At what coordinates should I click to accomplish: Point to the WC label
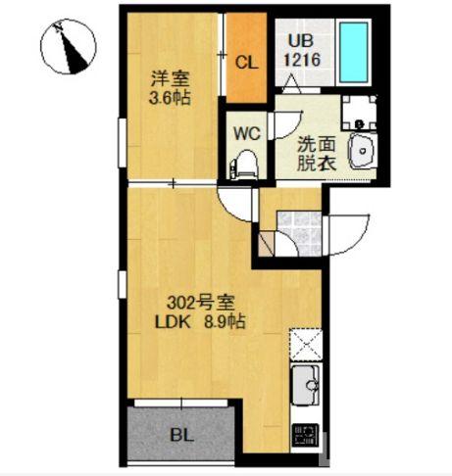click(245, 130)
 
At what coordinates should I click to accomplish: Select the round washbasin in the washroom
click(362, 152)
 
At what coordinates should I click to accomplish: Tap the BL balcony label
click(181, 431)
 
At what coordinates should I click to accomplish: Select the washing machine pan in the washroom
click(362, 115)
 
